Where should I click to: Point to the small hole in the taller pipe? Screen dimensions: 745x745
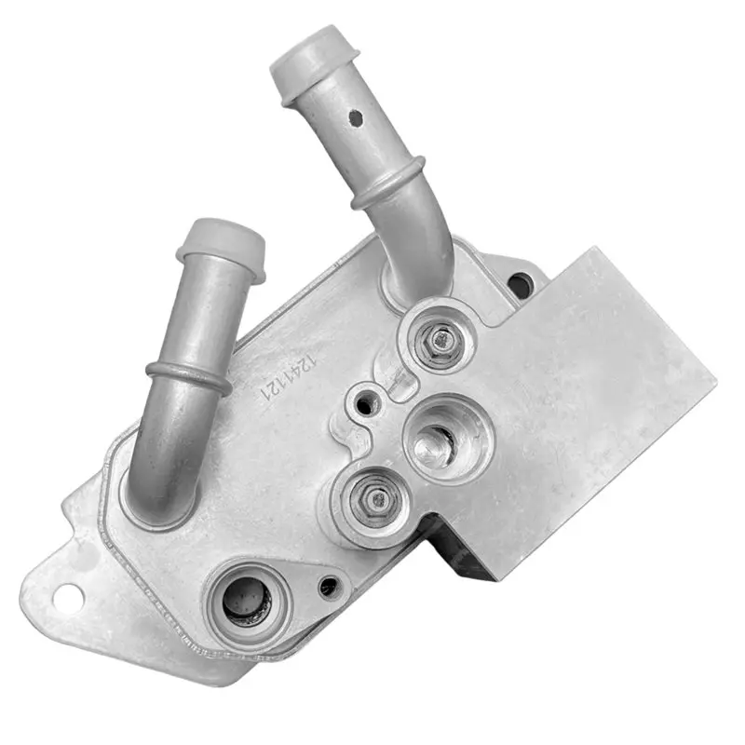pos(356,118)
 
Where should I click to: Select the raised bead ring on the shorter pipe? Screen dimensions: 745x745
pos(189,374)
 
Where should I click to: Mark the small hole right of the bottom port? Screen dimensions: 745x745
pos(328,587)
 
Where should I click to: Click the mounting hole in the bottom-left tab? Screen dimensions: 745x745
pos(65,598)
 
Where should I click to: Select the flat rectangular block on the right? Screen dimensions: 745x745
pos(596,391)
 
